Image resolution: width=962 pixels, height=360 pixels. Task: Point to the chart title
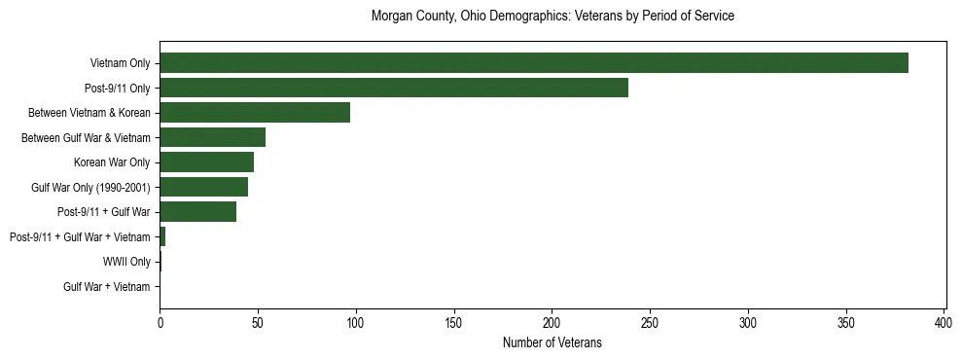click(552, 17)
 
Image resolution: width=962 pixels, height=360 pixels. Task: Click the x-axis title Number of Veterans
click(552, 343)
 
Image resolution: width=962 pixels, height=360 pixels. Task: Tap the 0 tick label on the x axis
click(160, 321)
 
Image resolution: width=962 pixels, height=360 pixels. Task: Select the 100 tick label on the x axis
click(356, 321)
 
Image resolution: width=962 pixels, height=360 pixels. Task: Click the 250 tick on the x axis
click(650, 321)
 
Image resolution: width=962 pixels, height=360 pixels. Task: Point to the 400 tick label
click(944, 321)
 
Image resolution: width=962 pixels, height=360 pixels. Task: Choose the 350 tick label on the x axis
click(846, 321)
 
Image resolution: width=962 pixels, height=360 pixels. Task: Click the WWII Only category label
click(126, 262)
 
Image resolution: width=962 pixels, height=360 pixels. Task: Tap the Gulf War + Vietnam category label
click(107, 287)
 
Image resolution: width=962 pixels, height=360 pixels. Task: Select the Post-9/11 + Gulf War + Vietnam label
click(80, 237)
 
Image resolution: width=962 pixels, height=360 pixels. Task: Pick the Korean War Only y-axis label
click(112, 162)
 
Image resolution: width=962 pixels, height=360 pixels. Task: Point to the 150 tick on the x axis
click(454, 321)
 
